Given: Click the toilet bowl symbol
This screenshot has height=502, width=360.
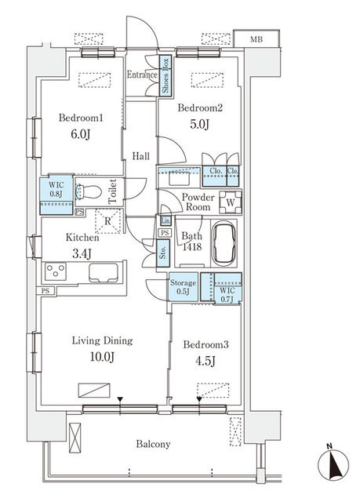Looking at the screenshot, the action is coord(88,192).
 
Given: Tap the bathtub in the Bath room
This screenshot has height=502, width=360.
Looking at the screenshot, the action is coord(224,243).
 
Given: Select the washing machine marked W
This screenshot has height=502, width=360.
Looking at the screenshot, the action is coord(231,202).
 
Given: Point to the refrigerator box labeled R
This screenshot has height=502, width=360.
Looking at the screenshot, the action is coord(108,221).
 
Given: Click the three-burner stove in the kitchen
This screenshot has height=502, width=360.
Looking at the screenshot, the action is coord(56,271).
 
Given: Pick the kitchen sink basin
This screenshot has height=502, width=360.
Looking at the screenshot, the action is coord(104,273).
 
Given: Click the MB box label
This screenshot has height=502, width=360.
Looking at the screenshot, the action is coord(256,39).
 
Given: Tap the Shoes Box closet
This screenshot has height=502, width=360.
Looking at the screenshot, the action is coord(165,75).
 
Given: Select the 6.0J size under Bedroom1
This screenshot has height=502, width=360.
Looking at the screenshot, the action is coord(81,134).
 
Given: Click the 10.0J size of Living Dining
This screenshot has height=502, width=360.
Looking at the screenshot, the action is coord(103,357).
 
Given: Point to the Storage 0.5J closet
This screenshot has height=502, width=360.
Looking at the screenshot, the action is coord(183,287).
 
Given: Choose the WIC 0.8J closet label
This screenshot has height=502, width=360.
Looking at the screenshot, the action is coord(56,189).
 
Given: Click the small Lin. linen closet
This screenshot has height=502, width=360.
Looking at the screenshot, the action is coord(165,220).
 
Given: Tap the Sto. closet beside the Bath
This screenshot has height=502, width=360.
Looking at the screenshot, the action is coord(163,253).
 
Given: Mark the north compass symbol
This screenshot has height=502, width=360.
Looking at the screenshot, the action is coord(333,464).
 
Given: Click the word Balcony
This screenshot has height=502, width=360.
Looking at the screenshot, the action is coord(153,445).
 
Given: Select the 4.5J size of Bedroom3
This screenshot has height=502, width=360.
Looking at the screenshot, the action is coord(205,362).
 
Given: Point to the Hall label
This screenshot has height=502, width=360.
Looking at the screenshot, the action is coord(141,156).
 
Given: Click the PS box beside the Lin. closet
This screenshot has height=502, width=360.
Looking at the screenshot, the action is coord(165,233).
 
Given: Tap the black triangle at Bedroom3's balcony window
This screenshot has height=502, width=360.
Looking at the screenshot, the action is coord(199,399).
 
